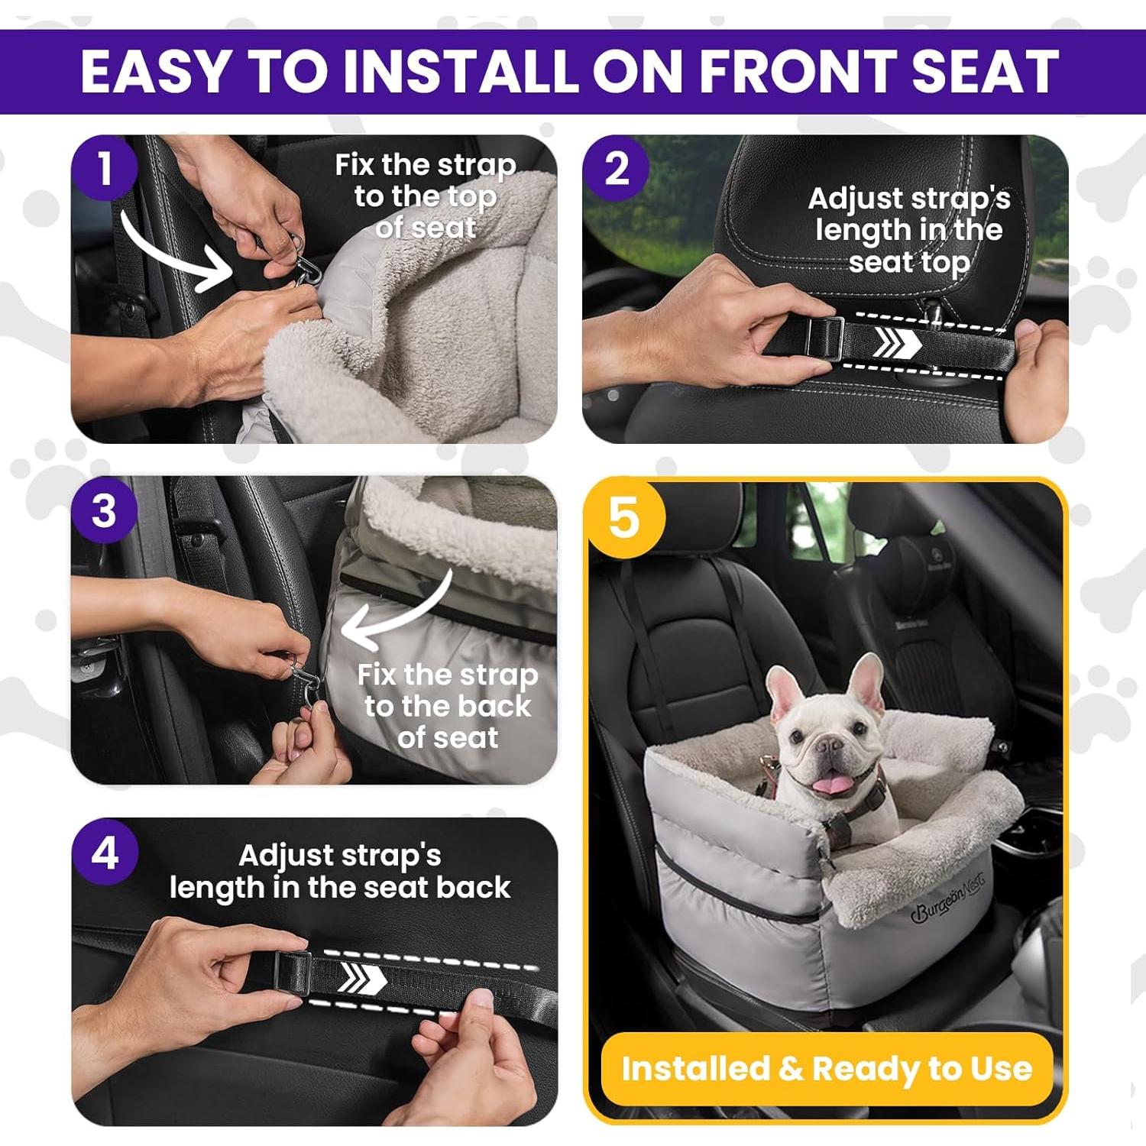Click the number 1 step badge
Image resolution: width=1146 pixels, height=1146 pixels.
coord(105,168)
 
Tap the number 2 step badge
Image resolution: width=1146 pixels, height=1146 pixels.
coord(617,168)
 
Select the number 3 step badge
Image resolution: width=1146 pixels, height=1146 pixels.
coord(105,510)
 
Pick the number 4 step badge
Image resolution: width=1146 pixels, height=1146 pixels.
coord(105,852)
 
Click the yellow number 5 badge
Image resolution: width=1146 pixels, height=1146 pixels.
coord(624,517)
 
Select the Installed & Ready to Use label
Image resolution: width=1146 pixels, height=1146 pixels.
coord(827,1068)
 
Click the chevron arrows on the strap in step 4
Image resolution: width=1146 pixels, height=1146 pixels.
coord(361,978)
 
